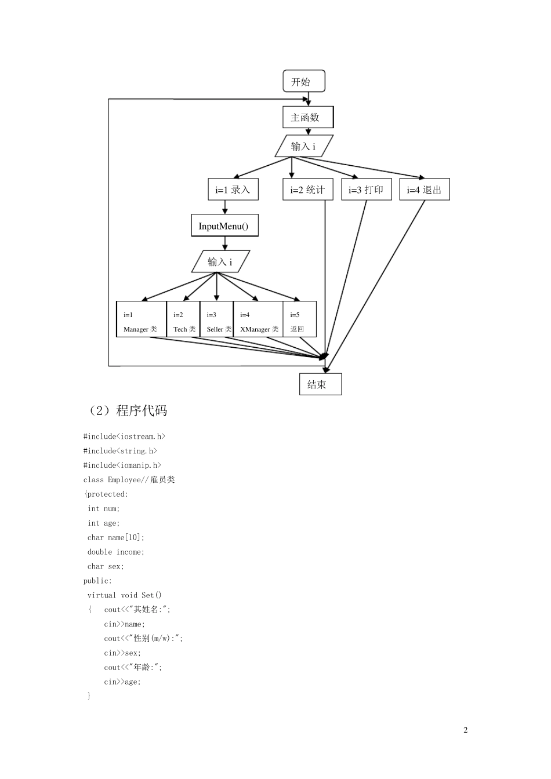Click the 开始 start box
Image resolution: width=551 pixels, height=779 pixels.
pyautogui.click(x=303, y=81)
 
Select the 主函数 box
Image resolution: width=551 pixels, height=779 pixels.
pyautogui.click(x=307, y=117)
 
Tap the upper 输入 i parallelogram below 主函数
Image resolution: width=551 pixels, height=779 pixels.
pyautogui.click(x=304, y=146)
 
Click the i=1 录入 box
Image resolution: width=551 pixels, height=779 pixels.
pyautogui.click(x=233, y=190)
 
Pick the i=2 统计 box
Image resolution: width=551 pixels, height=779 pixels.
pyautogui.click(x=307, y=190)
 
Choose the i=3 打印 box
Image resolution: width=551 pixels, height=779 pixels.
pyautogui.click(x=366, y=190)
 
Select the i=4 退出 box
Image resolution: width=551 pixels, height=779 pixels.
pyautogui.click(x=424, y=190)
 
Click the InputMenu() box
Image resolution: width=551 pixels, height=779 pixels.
pyautogui.click(x=224, y=226)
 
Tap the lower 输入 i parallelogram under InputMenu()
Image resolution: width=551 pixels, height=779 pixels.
pyautogui.click(x=220, y=262)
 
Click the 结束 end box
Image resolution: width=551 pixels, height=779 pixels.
pyautogui.click(x=320, y=384)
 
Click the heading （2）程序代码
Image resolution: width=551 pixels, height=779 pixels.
pyautogui.click(x=126, y=411)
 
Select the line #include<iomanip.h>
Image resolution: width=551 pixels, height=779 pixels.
pyautogui.click(x=122, y=465)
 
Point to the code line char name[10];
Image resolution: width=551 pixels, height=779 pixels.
pyautogui.click(x=115, y=537)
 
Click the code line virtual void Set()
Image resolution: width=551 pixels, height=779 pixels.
pyautogui.click(x=124, y=595)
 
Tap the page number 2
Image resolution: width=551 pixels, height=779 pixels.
pyautogui.click(x=465, y=730)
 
